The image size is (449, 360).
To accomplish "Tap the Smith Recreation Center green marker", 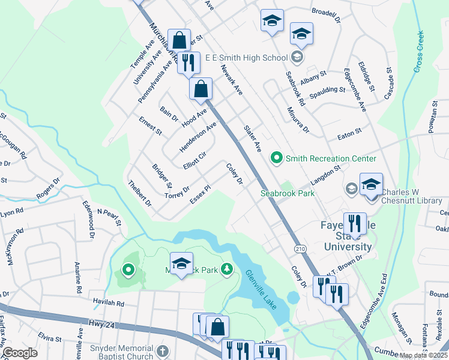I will coord(277,158).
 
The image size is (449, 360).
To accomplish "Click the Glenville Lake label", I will coord(261,289).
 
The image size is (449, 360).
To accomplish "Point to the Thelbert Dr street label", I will coord(140,193).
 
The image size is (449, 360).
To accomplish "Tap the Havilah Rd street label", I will coord(108,303).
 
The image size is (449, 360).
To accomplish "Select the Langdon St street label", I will coord(325,176).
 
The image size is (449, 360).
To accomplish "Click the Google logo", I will coord(19,353).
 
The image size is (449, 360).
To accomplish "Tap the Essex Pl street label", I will coord(200,193).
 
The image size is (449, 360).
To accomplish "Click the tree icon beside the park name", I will coord(226,268).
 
